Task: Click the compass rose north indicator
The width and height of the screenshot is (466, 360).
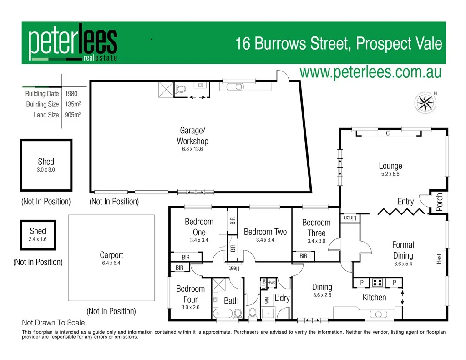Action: (x=425, y=102)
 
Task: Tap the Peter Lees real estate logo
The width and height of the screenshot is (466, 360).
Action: (x=73, y=44)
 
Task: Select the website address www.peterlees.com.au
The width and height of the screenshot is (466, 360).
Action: (x=370, y=72)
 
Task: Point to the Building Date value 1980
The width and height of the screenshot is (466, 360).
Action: (x=71, y=94)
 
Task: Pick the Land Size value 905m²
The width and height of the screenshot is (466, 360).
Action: (x=73, y=115)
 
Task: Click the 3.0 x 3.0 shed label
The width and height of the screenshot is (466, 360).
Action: (x=46, y=165)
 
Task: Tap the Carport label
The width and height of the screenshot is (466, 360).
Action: (x=111, y=255)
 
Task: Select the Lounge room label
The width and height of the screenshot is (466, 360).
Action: (x=390, y=166)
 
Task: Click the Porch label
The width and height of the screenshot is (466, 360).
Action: (x=440, y=202)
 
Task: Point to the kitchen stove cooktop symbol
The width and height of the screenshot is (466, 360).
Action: (x=377, y=283)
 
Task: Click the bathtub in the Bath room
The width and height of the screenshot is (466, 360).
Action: (x=223, y=314)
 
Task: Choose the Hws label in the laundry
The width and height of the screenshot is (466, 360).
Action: (x=272, y=283)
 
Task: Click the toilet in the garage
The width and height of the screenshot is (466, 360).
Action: (x=181, y=89)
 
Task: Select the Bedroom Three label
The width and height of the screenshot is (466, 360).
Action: (x=316, y=228)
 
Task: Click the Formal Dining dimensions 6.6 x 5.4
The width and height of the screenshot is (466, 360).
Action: (x=403, y=264)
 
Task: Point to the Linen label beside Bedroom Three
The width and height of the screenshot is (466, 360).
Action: (x=349, y=218)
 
